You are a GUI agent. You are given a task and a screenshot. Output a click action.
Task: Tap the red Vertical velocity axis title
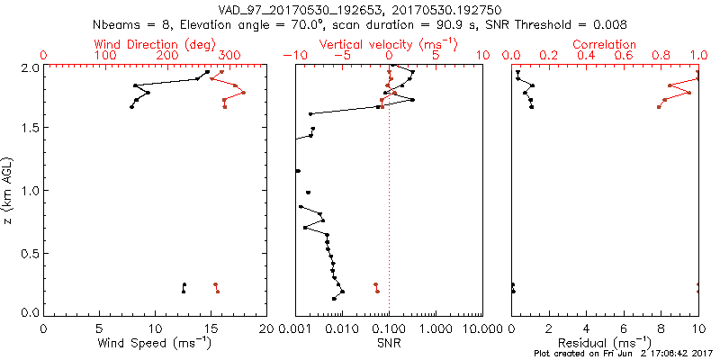point(388,44)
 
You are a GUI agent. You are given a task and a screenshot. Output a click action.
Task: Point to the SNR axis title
point(389,343)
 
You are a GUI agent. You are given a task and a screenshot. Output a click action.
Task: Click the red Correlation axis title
point(605,44)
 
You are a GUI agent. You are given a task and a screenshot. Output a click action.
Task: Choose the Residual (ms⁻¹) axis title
point(605,343)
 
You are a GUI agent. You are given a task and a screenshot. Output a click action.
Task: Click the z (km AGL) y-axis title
point(11,189)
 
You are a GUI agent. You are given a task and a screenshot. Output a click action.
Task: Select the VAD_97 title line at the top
point(360,9)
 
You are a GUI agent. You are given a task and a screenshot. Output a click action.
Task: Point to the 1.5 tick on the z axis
point(30,129)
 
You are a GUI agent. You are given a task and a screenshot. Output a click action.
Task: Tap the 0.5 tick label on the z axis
point(30,252)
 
